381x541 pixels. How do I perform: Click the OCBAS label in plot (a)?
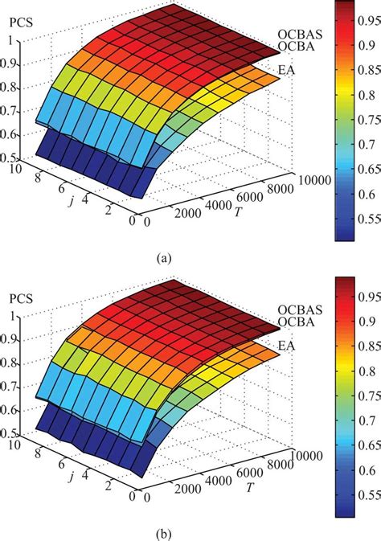pos(300,34)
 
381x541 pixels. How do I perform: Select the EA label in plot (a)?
pos(286,71)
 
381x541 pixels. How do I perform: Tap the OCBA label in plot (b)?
pos(296,322)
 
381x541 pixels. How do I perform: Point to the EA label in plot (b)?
pos(286,346)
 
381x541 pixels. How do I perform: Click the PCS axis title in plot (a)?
pos(21,23)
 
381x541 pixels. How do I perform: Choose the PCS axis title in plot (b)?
pos(21,298)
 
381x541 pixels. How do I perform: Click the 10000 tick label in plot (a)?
pos(315,180)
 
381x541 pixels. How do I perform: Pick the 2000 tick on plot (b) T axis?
pos(188,490)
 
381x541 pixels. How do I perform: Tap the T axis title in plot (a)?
pos(237,212)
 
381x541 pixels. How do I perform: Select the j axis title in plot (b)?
pos(72,477)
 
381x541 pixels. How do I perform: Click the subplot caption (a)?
pos(164,258)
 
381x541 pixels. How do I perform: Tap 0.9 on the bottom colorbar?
pos(367,322)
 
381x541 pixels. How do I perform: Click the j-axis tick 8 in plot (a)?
pos(38,178)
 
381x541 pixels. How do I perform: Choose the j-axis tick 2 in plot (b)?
pos(109,486)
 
